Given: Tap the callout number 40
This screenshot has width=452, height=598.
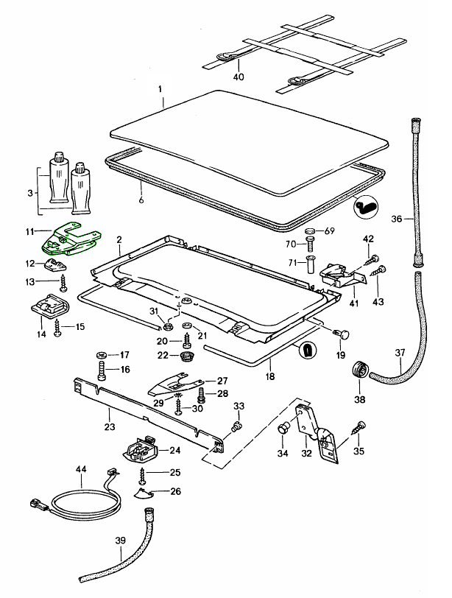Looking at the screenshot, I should coord(238,76).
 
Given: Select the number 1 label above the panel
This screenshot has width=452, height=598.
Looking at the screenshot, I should coord(159,89).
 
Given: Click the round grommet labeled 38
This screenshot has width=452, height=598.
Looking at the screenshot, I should coord(360,369).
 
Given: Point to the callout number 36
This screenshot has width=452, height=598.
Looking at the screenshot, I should coord(395,218).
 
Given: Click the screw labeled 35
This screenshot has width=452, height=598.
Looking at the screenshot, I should coord(361,427).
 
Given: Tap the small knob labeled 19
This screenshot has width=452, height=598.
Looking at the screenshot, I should coord(341,336).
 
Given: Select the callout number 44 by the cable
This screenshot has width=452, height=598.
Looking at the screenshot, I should coord(81,469).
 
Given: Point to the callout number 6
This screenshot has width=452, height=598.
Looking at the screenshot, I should coord(140,198).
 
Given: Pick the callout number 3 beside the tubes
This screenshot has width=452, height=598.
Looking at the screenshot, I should coord(30,192).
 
